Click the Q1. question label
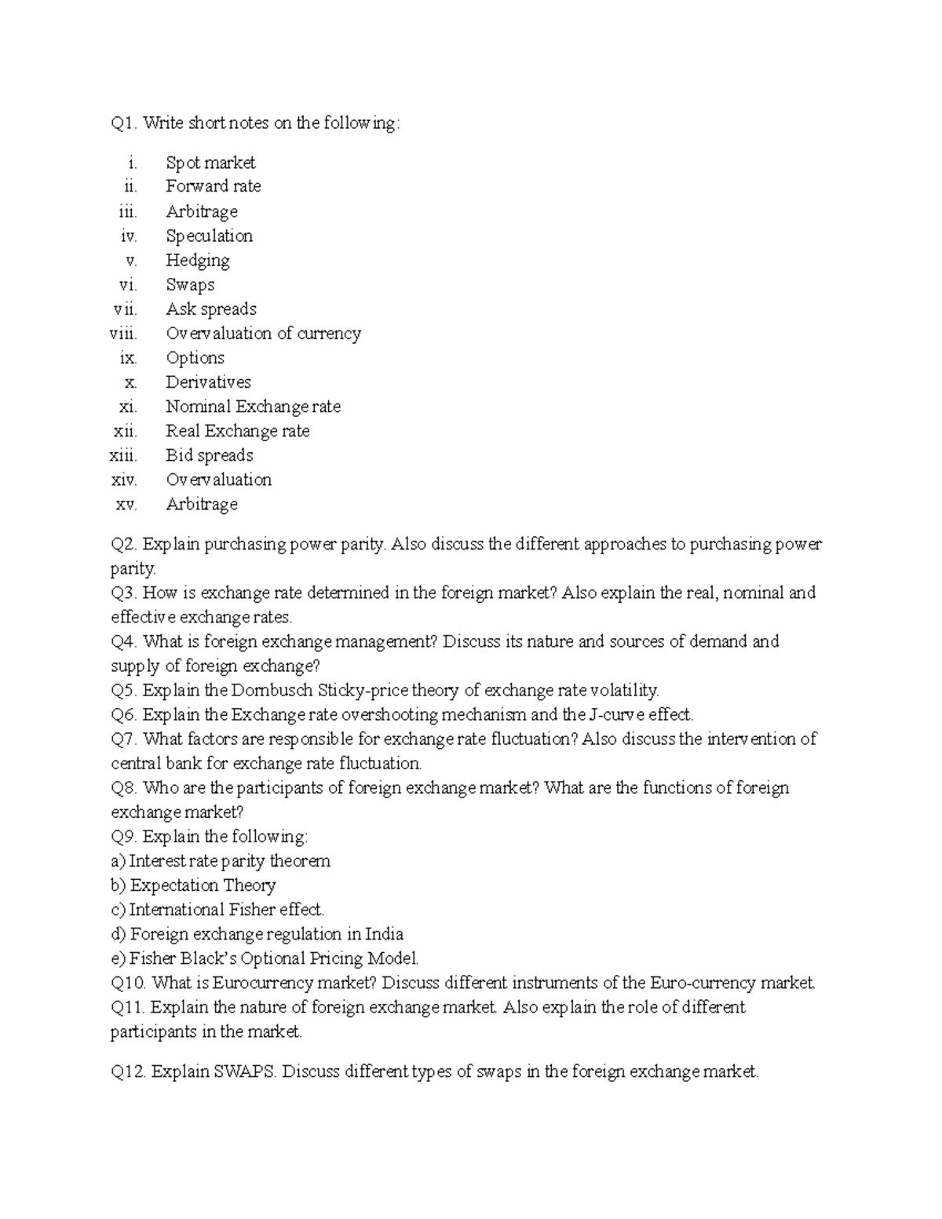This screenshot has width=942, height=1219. tap(124, 123)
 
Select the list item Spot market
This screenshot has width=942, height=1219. tap(210, 163)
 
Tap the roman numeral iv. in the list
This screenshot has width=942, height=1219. tap(129, 236)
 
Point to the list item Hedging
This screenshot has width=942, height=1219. tap(198, 261)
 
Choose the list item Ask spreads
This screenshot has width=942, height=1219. tap(211, 309)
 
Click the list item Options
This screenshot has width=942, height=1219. tap(195, 358)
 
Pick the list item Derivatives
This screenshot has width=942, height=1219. tap(208, 382)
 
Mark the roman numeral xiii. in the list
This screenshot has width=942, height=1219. tap(124, 455)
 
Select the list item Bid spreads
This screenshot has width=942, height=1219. tap(210, 455)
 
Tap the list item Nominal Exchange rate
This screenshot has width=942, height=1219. tap(253, 407)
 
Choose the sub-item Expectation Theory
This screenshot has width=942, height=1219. tap(203, 885)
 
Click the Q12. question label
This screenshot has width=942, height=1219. tap(129, 1072)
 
